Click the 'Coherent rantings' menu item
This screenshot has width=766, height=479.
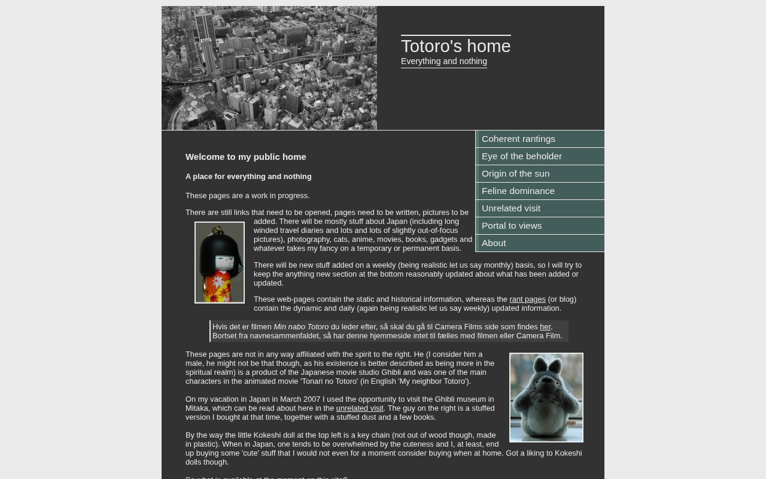coord(518,139)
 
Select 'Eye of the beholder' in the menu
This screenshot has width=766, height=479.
coord(522,156)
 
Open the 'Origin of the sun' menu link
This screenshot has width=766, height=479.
coord(515,174)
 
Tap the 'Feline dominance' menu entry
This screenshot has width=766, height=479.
coord(518,191)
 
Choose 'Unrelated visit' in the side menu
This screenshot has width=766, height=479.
coord(511,208)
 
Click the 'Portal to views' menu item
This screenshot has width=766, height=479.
coord(512,226)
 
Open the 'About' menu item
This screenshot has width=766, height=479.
coord(494,243)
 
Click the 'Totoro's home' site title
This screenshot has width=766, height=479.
coord(455,46)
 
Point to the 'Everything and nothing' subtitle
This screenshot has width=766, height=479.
coord(443,62)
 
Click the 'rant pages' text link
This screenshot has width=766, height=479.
coord(527,299)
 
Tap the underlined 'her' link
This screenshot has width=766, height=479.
coord(545,327)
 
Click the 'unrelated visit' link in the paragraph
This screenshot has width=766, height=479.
coord(360,408)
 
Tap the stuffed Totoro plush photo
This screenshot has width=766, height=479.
coord(546,398)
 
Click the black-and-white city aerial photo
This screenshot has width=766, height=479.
coord(269,68)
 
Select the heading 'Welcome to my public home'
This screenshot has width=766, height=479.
coord(245,157)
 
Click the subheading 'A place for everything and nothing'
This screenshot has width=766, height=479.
coord(248,177)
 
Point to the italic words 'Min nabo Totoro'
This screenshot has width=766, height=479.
coord(301,327)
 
